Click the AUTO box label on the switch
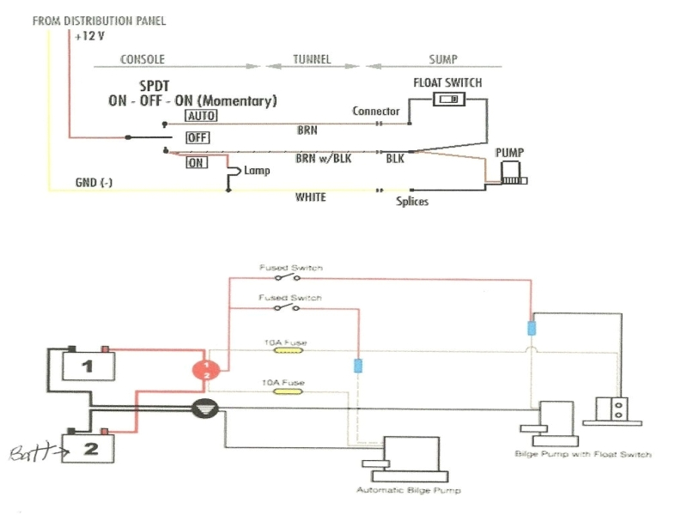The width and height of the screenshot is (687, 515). pos(201,116)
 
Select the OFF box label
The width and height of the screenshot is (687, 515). pos(198,137)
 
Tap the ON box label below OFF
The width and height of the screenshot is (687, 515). pos(196,163)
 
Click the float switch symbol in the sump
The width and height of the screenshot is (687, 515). pos(447,100)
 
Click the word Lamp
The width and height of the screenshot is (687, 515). pos(257,171)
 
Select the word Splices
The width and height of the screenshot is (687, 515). pos(412,202)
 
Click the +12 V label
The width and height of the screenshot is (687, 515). pos(89,37)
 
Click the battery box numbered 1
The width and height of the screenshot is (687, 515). pos(86,367)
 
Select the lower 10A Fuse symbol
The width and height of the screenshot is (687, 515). pos(284,390)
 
